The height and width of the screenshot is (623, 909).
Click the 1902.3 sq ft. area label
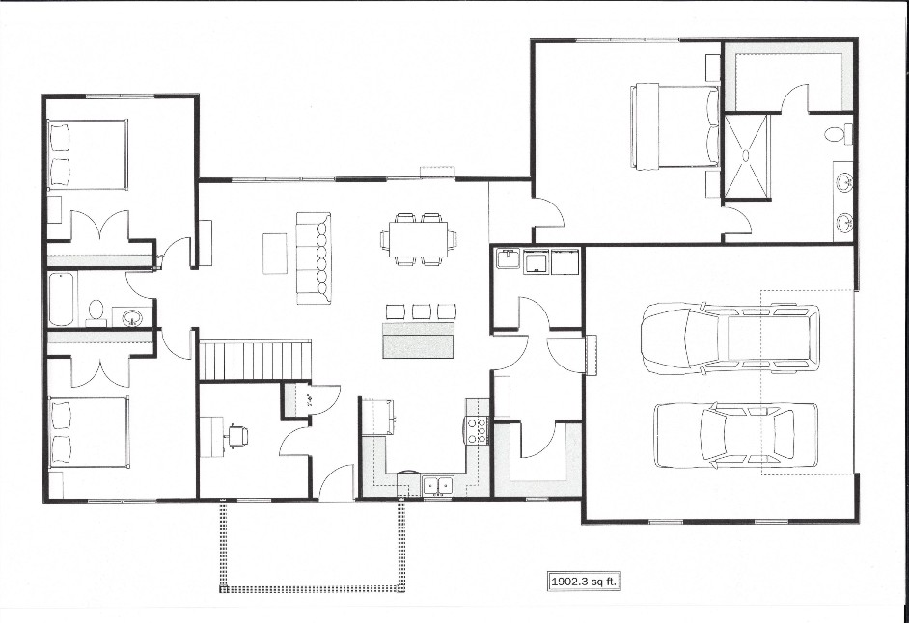pos(585,582)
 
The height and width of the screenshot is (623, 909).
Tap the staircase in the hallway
pos(255,361)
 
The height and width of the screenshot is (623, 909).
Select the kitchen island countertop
pos(418,340)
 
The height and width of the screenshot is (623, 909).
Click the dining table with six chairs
pos(418,239)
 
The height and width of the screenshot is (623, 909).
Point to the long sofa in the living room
pos(314,257)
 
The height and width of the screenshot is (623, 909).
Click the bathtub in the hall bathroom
pos(62,300)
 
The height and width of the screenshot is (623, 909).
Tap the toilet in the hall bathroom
pos(96,312)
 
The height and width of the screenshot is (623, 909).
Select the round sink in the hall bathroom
pos(133,317)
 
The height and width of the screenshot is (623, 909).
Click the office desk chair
pos(237,435)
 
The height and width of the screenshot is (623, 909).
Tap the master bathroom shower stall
pos(747,157)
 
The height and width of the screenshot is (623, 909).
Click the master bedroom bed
pos(675,127)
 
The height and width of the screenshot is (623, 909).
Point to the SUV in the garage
pos(731,338)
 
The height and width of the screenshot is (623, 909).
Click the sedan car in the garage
pos(736,435)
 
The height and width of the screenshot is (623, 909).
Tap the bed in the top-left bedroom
pos(87,154)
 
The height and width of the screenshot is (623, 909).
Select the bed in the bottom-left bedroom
pos(88,432)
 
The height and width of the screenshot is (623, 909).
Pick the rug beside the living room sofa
pos(275,254)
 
